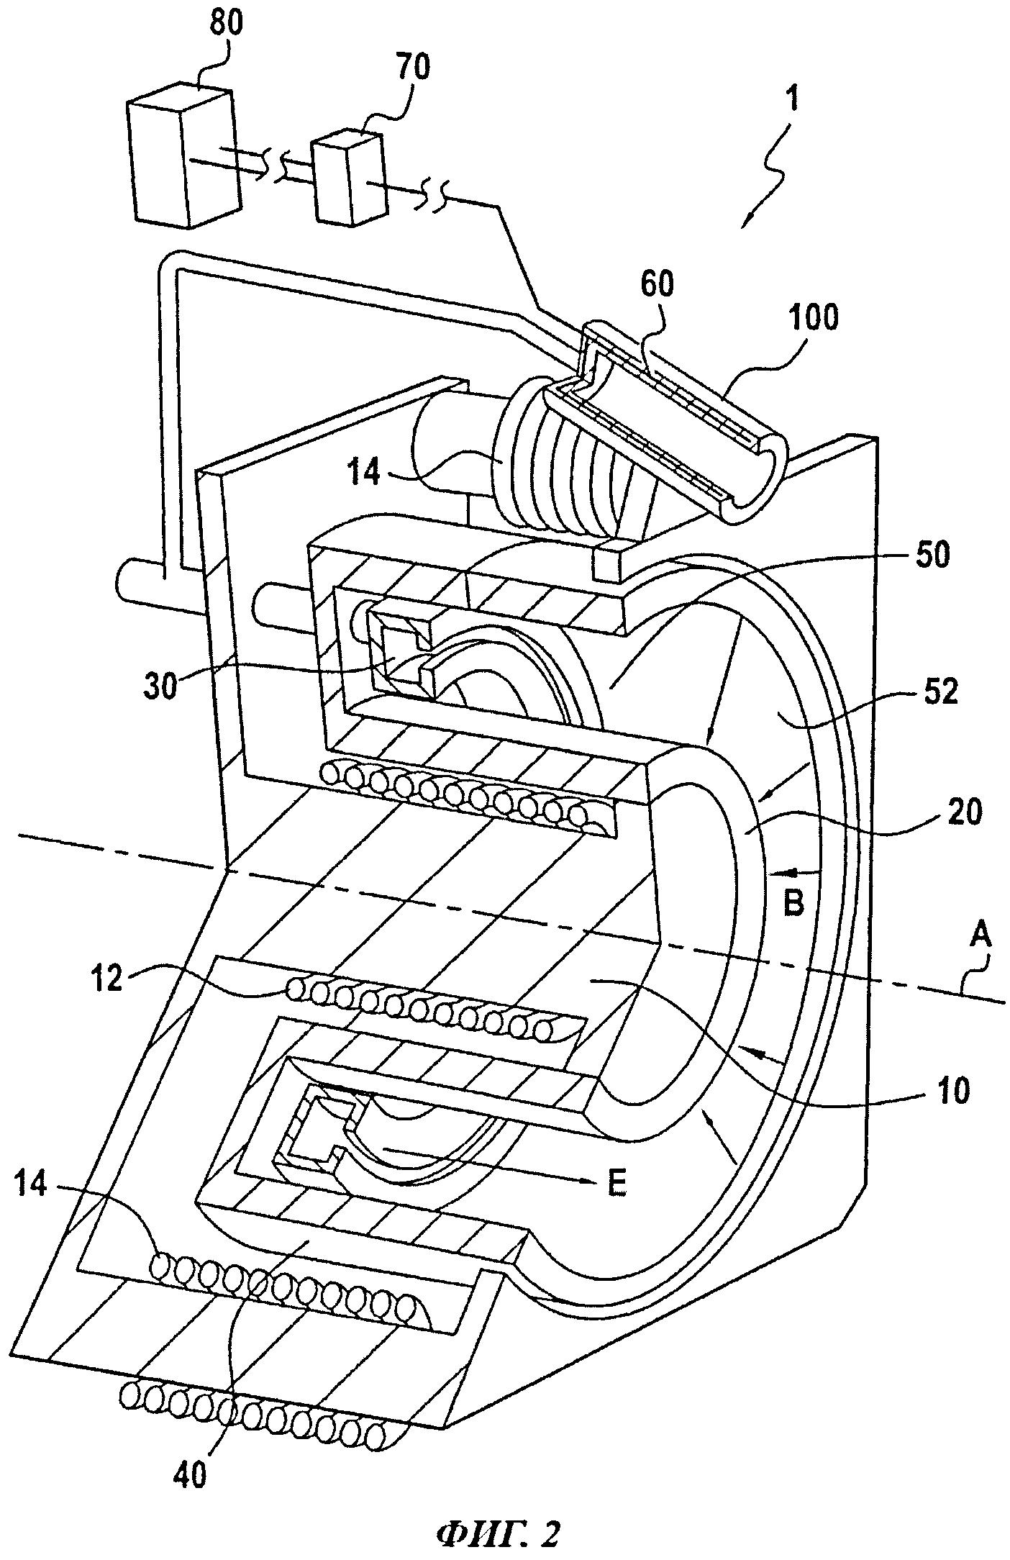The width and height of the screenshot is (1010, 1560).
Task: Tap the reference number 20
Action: (960, 813)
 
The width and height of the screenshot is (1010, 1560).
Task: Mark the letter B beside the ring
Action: (793, 904)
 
